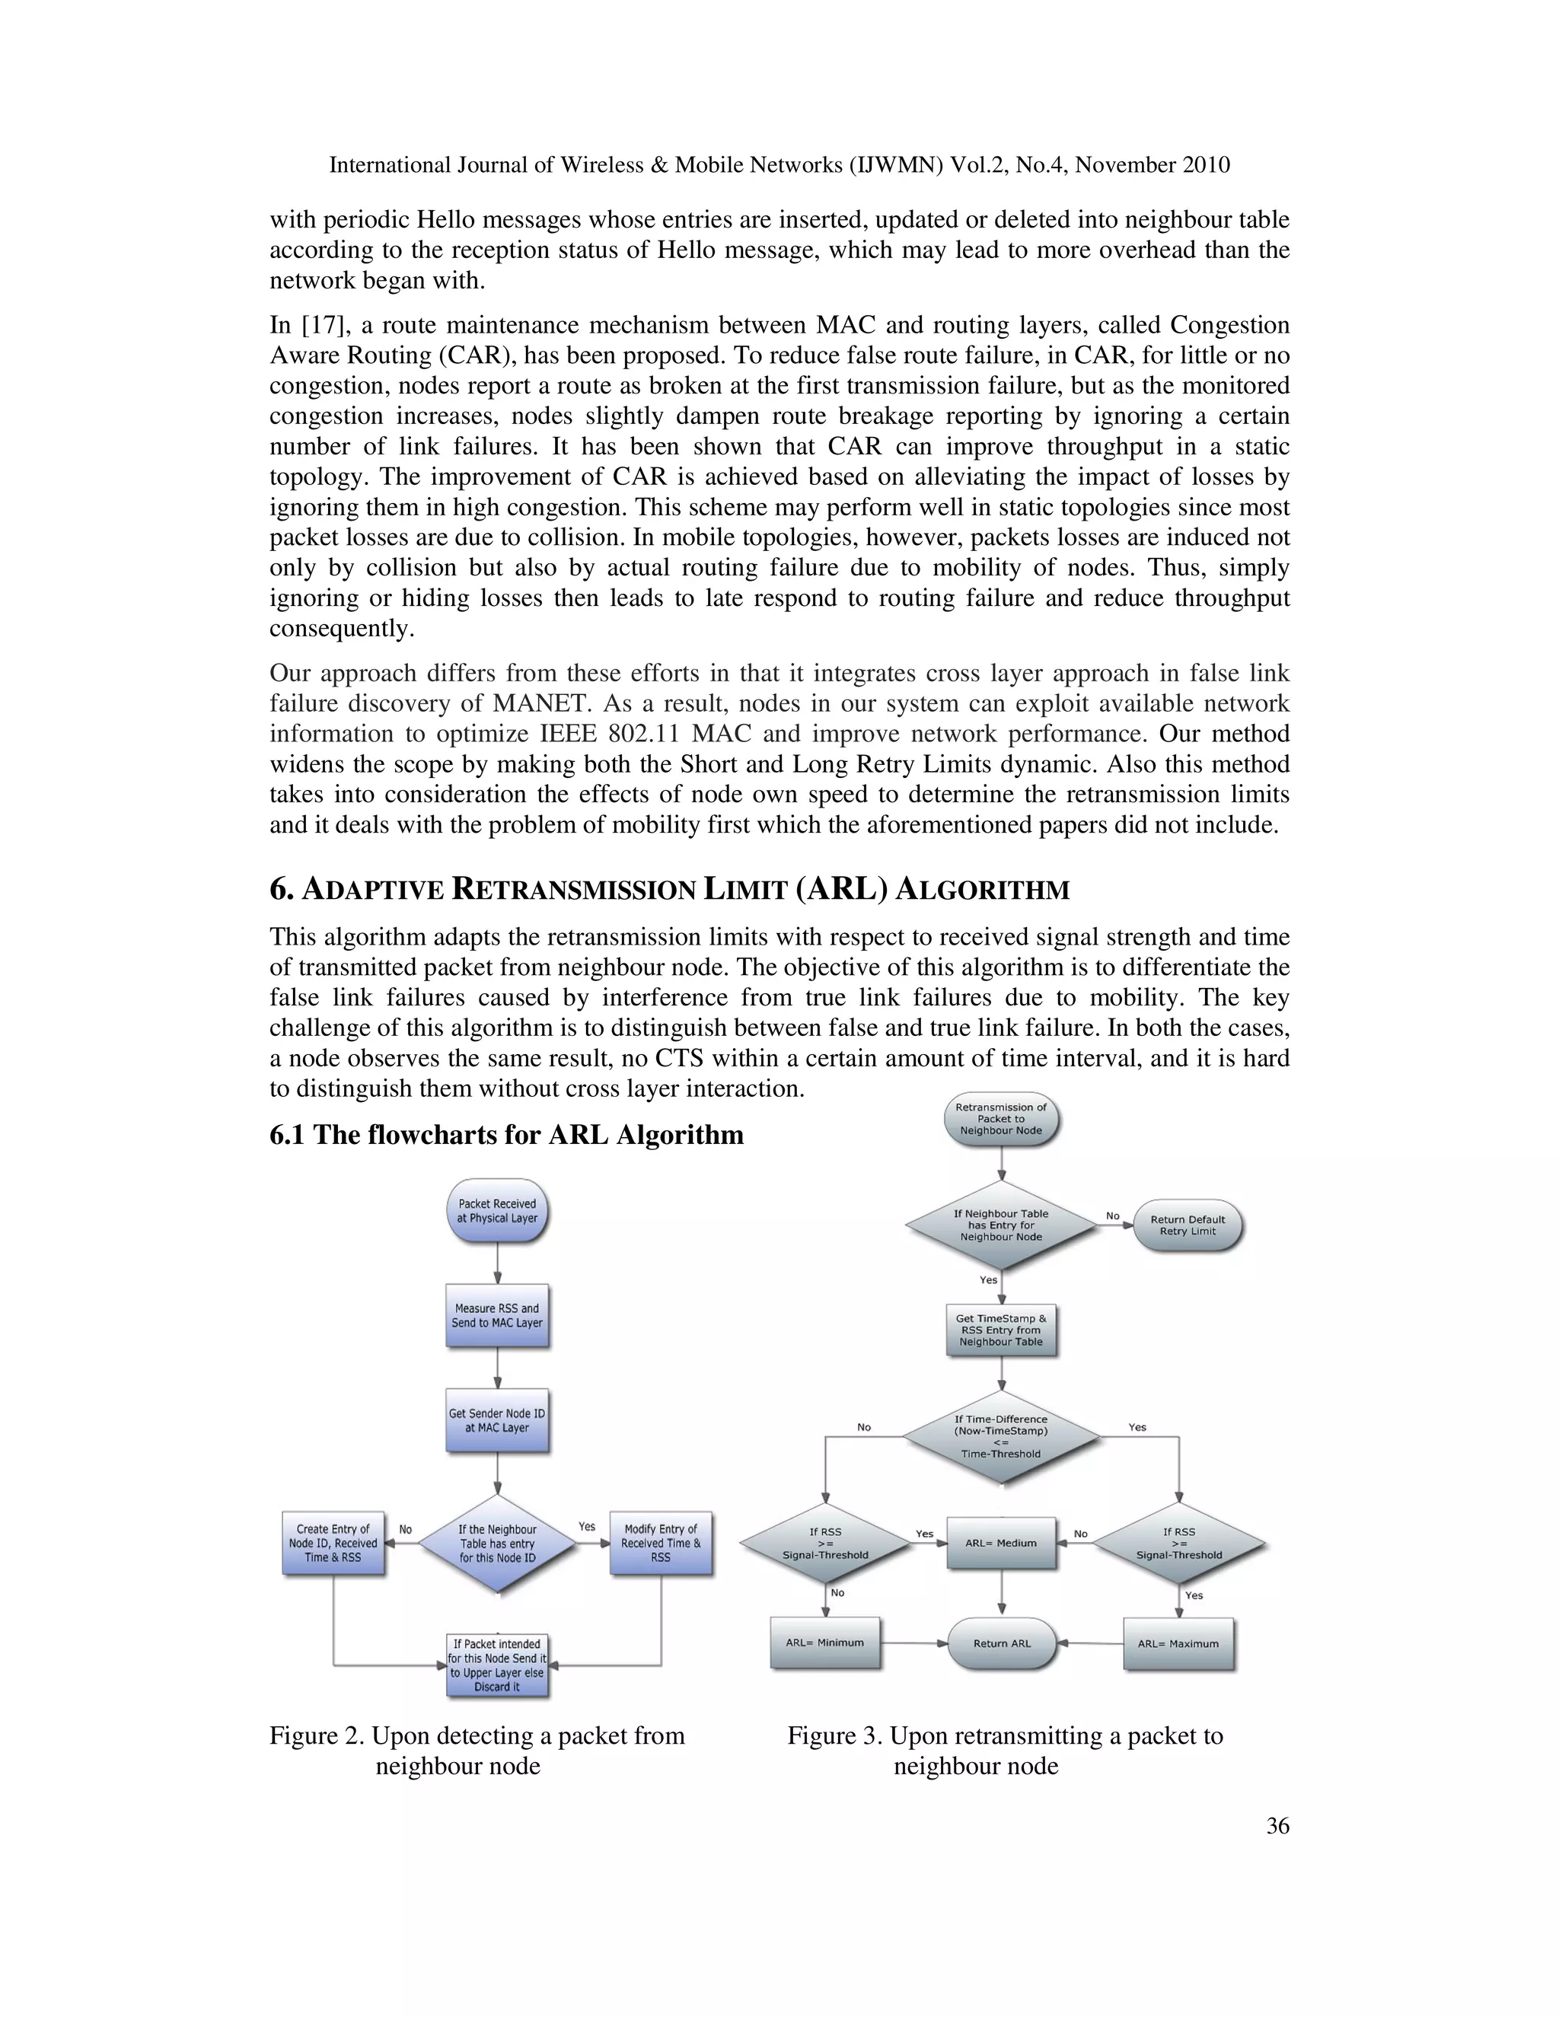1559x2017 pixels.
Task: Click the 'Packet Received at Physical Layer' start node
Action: [x=497, y=1210]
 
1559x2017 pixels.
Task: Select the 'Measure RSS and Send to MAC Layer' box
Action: [x=497, y=1315]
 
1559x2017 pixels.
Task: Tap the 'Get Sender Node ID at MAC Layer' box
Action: [x=497, y=1420]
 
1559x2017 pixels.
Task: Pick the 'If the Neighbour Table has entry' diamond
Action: [x=497, y=1544]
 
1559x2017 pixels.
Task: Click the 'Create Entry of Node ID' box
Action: [x=333, y=1544]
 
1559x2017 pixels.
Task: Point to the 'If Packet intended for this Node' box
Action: [x=497, y=1665]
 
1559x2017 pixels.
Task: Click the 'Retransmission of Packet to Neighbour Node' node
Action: [x=1001, y=1118]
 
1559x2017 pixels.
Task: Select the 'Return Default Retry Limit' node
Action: [x=1187, y=1225]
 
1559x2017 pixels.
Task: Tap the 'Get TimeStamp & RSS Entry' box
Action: [x=1001, y=1330]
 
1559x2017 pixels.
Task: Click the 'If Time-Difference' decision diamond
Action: [x=1001, y=1436]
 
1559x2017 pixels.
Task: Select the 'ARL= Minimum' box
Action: [x=824, y=1643]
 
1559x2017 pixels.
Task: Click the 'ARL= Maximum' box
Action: [x=1178, y=1644]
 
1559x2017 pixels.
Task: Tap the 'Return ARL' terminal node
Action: [x=1002, y=1644]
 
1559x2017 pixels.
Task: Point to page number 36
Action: [x=1277, y=1826]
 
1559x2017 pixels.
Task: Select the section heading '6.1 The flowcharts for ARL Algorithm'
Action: [x=506, y=1134]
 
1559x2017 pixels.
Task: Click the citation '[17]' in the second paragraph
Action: [x=320, y=325]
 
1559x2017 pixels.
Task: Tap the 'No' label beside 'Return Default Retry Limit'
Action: [x=1113, y=1216]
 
